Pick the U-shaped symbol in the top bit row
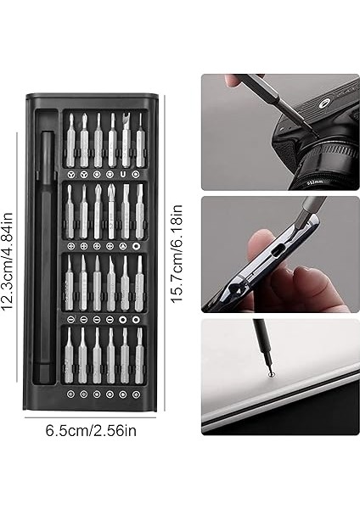pos(124,174)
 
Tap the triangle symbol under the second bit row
pos(124,247)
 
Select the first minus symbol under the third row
pos(84,320)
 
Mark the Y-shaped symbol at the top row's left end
pos(70,174)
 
